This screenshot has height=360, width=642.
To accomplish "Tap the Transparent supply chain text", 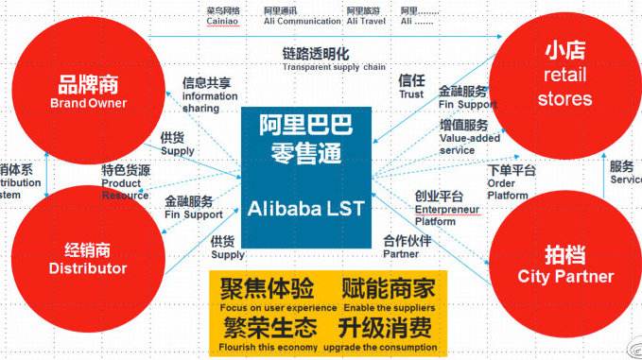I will point(333,67).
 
